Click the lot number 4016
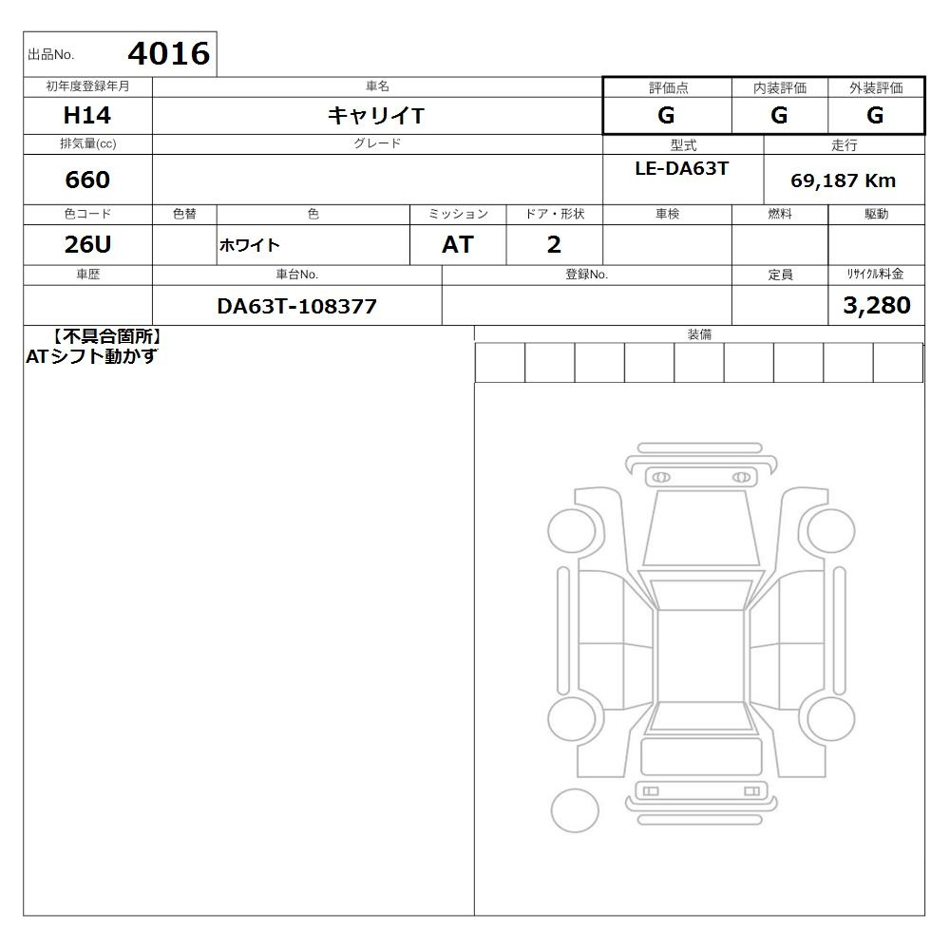click(169, 53)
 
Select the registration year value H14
click(87, 115)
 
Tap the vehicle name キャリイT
click(376, 115)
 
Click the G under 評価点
click(666, 115)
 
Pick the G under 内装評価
click(779, 115)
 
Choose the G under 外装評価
click(875, 115)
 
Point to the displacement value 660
click(87, 180)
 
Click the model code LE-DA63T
click(681, 168)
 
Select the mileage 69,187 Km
click(843, 180)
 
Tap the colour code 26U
click(87, 245)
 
